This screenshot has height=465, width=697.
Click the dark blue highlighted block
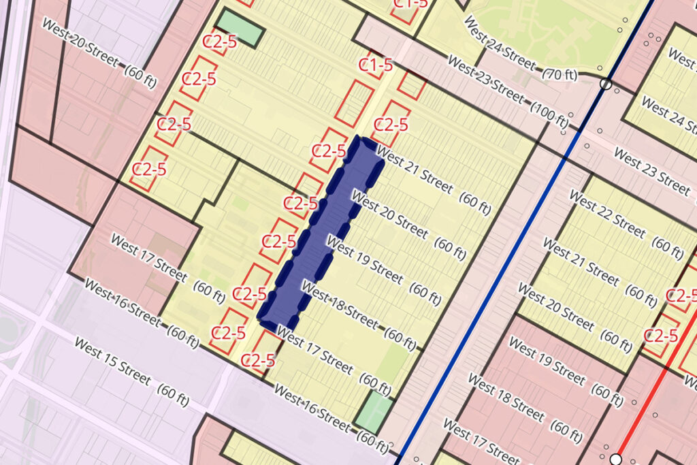pos(319,231)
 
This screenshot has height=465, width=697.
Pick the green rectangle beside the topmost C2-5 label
pos(242,27)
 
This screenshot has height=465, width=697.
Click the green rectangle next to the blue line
pos(374,411)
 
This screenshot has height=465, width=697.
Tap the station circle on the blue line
pos(605,84)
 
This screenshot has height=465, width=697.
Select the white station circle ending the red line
pos(616,459)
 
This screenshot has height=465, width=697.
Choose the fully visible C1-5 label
pos(376,65)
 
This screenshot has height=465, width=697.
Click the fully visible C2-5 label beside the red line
pos(660,335)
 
